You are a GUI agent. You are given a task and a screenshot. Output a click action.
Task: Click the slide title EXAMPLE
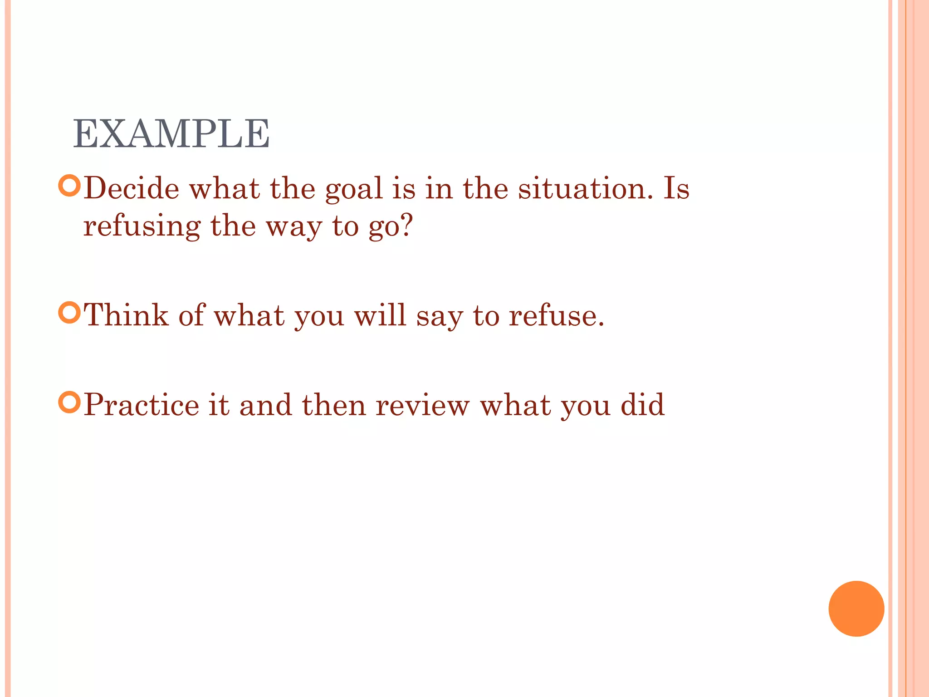point(171,134)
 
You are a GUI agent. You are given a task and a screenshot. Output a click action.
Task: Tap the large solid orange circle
point(856,609)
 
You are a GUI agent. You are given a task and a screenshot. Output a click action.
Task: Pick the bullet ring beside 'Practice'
point(69,402)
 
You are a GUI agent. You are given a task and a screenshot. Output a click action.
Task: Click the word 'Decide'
point(132,188)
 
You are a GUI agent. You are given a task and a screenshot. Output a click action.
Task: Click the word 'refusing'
point(142,226)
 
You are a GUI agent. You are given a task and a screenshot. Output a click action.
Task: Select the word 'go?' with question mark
point(391,226)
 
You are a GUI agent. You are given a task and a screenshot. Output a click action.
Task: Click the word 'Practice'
point(142,404)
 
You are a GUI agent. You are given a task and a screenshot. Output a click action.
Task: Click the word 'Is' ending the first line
point(676,188)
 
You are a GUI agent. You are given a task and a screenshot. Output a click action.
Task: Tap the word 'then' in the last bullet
point(334,404)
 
